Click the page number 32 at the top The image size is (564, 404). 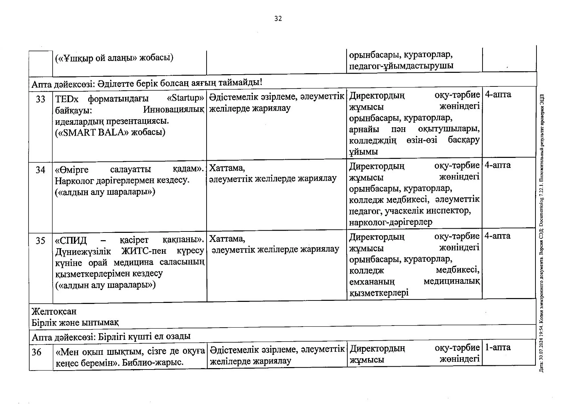278,19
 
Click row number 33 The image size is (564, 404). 40,99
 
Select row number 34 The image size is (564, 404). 40,170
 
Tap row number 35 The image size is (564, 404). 40,241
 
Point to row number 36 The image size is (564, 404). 37,352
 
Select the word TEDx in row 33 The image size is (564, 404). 67,99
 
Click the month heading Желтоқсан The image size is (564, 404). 54,311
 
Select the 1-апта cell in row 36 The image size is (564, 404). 498,348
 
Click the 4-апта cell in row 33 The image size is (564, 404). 498,94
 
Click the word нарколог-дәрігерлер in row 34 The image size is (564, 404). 391,222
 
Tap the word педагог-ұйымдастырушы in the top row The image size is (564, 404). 401,66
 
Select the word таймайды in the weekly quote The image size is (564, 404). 242,83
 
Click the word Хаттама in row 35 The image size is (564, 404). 227,239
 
